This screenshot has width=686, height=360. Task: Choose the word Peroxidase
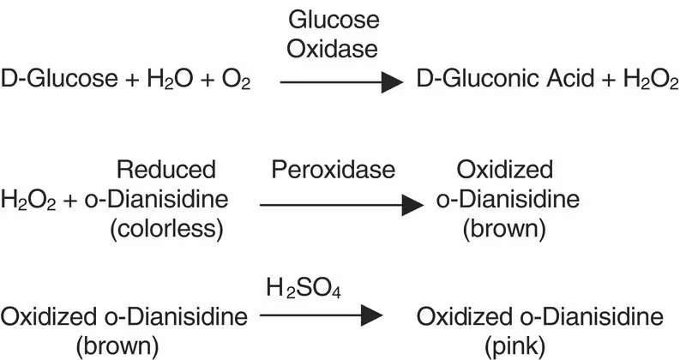coord(334,170)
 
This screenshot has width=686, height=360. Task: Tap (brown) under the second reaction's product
coord(506,230)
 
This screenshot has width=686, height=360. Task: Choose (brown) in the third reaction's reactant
coord(124,346)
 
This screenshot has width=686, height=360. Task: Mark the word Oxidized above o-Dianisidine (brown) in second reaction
coord(506,170)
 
